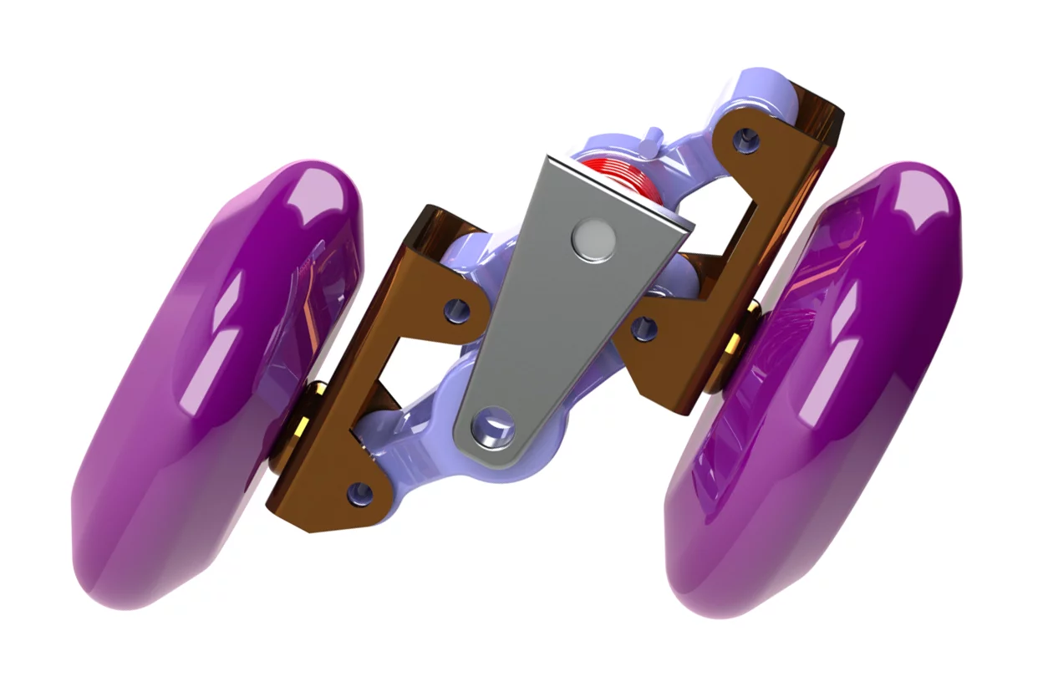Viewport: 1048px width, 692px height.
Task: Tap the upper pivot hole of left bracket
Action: [x=455, y=310]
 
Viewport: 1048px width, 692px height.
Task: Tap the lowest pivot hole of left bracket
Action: [x=361, y=492]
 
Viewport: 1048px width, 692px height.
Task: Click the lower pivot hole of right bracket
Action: [x=643, y=327]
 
